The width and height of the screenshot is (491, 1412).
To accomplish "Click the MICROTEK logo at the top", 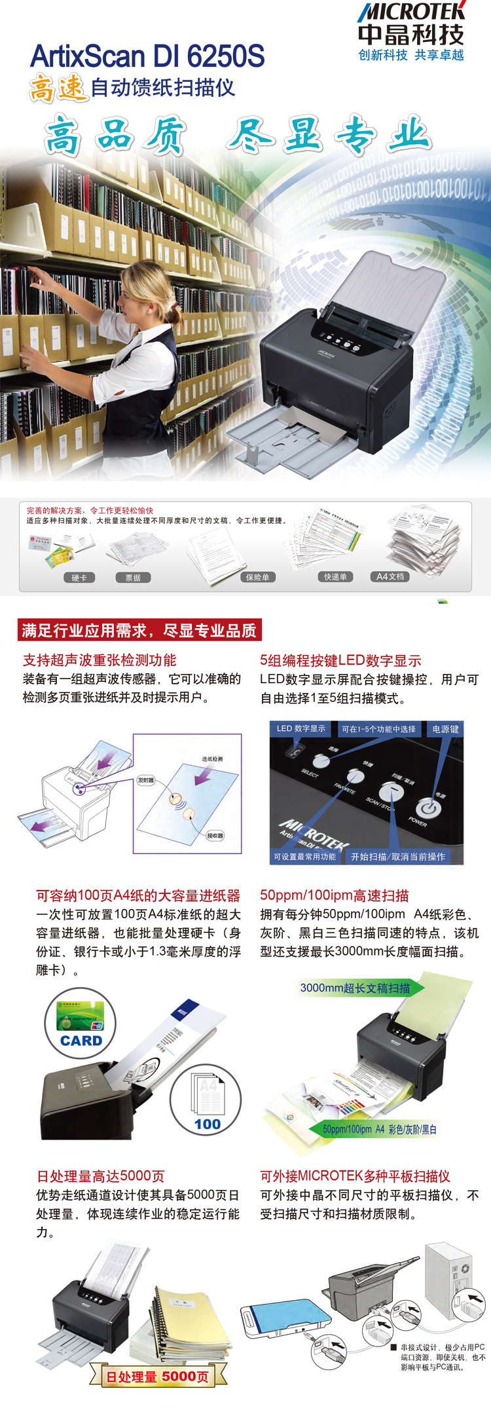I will pos(411,12).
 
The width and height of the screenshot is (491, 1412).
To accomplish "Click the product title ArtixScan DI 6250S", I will pos(147,56).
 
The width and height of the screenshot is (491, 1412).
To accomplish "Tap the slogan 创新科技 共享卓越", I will pos(411,55).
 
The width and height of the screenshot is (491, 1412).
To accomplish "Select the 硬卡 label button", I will pos(79,578).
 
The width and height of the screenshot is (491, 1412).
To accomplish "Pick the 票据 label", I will pos(133,578).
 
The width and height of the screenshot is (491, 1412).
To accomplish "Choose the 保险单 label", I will pos(257,577).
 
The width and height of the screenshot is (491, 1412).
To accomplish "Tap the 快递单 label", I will pos(335,576).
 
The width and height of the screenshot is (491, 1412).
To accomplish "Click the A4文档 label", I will pos(390,576).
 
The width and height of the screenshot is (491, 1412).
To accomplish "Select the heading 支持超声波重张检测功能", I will pos(100,660).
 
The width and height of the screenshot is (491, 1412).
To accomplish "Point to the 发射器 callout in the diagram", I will pos(145,780).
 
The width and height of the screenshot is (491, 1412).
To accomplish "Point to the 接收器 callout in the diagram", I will pos(215,835).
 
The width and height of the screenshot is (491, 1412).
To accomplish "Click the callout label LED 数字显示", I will pos(300,728).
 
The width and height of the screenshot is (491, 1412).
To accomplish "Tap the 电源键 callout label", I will pos(445,729).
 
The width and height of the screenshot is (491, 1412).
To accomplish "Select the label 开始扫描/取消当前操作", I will pos(397,857).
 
